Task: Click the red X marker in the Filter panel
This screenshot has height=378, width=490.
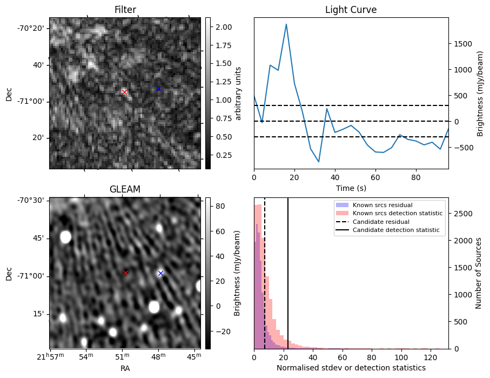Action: click(x=124, y=92)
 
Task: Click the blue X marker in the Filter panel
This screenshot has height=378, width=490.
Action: click(x=158, y=89)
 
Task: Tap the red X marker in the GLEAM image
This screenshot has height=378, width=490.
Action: click(x=125, y=273)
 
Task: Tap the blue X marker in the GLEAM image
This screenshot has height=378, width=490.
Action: click(x=160, y=273)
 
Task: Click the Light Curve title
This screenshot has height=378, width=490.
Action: click(x=351, y=10)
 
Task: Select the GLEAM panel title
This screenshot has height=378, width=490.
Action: click(x=125, y=189)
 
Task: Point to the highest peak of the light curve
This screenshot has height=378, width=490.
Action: click(x=286, y=24)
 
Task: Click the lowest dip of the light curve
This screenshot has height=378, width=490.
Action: click(x=319, y=162)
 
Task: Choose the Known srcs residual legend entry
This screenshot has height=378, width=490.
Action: click(x=382, y=205)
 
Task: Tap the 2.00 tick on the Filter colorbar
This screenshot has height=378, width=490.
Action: click(x=223, y=27)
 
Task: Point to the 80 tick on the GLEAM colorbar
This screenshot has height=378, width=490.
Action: click(x=220, y=206)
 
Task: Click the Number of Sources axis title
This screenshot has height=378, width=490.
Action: click(x=478, y=273)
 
